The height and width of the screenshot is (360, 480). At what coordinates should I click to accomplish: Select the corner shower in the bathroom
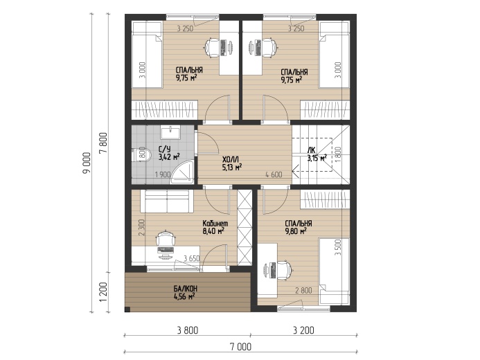point(182,173)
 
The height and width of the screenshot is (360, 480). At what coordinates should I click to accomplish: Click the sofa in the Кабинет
point(167,201)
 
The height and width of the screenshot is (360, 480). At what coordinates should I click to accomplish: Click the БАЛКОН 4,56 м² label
point(185,292)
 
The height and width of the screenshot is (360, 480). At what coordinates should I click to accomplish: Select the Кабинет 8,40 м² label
point(215,227)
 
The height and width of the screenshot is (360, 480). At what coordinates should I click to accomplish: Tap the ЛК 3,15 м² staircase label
point(317,154)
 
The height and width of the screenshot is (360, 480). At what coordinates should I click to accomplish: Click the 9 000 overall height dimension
point(87,163)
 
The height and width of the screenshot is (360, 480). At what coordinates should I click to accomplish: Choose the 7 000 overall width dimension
point(240,347)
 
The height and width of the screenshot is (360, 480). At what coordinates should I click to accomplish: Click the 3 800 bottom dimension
point(188,330)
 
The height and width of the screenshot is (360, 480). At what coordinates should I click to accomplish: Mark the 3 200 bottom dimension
point(303,330)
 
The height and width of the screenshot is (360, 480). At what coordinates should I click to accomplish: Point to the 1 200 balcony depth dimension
point(103,291)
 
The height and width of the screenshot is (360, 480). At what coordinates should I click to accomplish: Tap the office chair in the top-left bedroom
point(213,47)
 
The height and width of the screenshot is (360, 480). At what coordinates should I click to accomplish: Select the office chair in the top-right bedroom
point(269,47)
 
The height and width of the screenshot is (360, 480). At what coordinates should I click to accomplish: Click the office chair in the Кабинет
point(166,239)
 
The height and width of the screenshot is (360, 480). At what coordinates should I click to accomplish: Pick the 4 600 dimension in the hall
point(274,174)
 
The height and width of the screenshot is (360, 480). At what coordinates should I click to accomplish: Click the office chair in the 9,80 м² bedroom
point(284,270)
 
